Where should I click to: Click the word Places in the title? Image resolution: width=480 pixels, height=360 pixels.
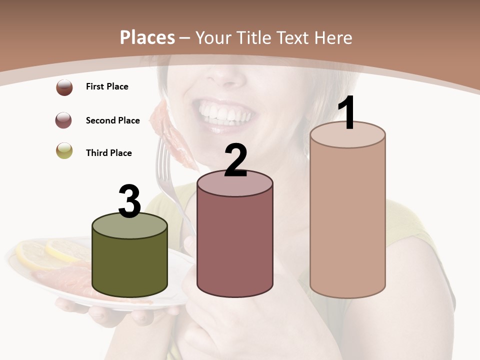pos(147,37)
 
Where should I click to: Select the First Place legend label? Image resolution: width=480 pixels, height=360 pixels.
pos(107,86)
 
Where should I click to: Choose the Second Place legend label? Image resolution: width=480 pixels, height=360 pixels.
pos(112,120)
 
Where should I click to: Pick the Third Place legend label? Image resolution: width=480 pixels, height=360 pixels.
pos(108,153)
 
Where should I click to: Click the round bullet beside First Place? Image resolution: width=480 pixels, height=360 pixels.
pos(64,87)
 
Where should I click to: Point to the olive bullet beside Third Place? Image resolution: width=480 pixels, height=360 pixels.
pos(64,150)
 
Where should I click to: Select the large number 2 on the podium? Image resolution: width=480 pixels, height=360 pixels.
pos(235,160)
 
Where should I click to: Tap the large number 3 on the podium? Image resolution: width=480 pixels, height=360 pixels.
pos(129,201)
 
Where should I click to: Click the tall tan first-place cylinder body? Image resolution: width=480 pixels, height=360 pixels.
pos(347,220)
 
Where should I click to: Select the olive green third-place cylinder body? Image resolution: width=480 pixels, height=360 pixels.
pos(129,262)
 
